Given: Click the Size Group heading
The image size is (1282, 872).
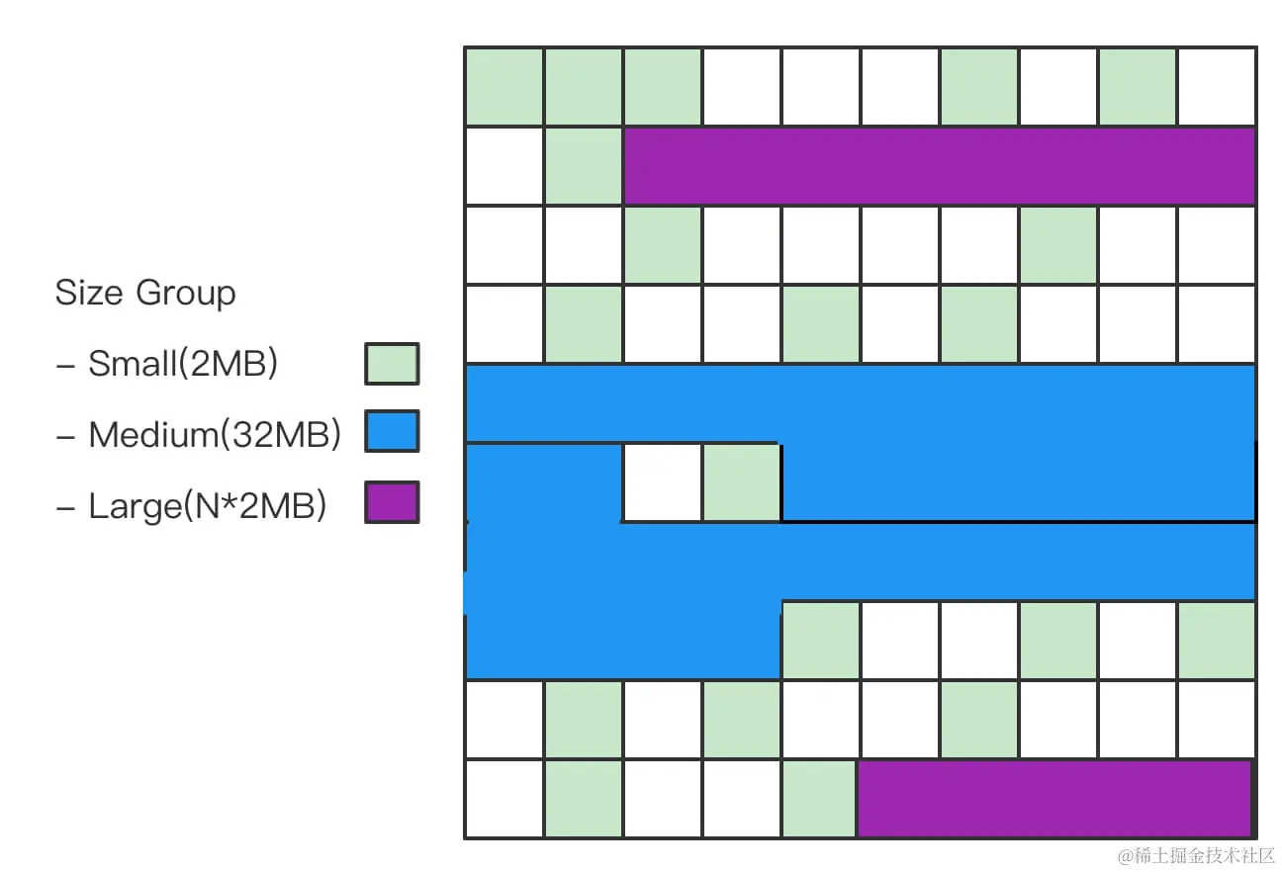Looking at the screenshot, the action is [145, 294].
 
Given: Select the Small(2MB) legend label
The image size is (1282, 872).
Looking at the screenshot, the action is [183, 364].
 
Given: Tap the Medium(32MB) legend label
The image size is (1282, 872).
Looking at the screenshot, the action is [215, 435].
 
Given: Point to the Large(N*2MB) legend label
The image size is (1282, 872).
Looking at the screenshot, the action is [207, 506].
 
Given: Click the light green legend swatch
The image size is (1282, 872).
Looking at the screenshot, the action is [392, 364].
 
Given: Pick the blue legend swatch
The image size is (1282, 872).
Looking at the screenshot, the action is [392, 432].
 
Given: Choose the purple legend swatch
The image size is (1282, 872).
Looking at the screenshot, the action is [392, 502].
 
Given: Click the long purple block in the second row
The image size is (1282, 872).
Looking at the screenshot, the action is [940, 166].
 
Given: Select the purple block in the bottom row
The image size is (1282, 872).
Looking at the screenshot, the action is [1054, 799].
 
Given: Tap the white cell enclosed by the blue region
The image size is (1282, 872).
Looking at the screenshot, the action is [663, 482].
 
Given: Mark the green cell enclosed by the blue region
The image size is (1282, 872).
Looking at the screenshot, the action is [742, 482].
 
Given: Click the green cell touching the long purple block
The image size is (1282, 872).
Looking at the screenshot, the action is [584, 166].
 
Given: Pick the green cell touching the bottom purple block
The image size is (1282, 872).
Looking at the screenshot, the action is [820, 799].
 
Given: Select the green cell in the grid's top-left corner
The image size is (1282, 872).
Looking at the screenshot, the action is [504, 87].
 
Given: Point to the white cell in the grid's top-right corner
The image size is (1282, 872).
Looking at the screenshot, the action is [1217, 87].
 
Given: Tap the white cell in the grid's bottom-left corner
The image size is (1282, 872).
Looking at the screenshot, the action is [504, 799].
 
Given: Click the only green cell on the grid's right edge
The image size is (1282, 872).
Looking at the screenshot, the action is [1217, 641].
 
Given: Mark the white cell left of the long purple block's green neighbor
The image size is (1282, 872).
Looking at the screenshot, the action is [504, 166].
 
